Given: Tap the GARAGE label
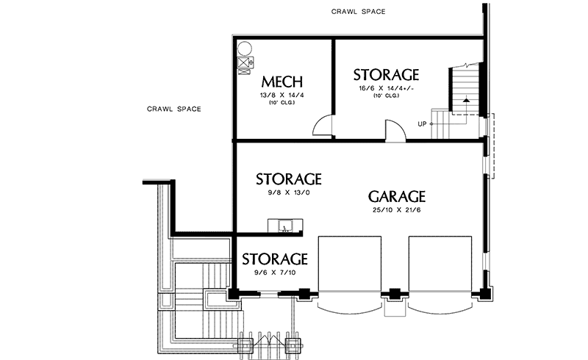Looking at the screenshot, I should pos(397,197).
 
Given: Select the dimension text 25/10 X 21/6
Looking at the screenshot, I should pos(398,212).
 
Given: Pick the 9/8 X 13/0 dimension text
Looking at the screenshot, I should pos(288,193).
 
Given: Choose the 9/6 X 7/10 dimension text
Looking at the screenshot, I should pos(274,273).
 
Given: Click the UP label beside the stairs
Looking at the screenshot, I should pos(423,123).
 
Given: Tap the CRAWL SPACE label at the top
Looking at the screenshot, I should pos(358,12).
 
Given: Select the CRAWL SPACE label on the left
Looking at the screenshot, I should pos(173,109).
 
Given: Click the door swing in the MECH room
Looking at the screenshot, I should pos(322,127).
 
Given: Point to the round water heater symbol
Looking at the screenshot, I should pos(245,48).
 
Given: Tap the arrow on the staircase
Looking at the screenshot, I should pos(465,101).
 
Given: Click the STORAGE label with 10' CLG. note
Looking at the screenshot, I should pos(386,75).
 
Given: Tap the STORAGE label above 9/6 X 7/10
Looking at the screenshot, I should pos(274,259).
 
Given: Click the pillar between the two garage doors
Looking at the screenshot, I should pos(395,295).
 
